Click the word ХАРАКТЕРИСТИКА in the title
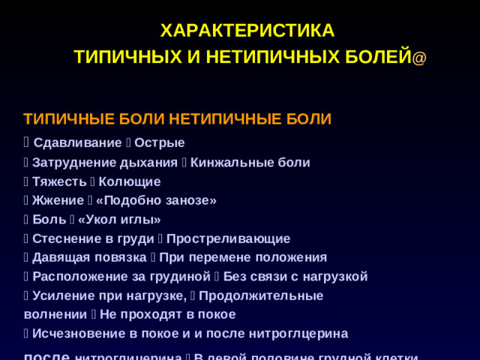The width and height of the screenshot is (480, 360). pos(247,31)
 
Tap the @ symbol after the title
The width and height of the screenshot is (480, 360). pos(419,58)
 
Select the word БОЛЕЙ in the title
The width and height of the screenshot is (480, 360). pos(382,56)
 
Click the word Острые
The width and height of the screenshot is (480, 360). pos(160,142)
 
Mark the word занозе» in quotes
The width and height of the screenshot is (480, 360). pos(190,200)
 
